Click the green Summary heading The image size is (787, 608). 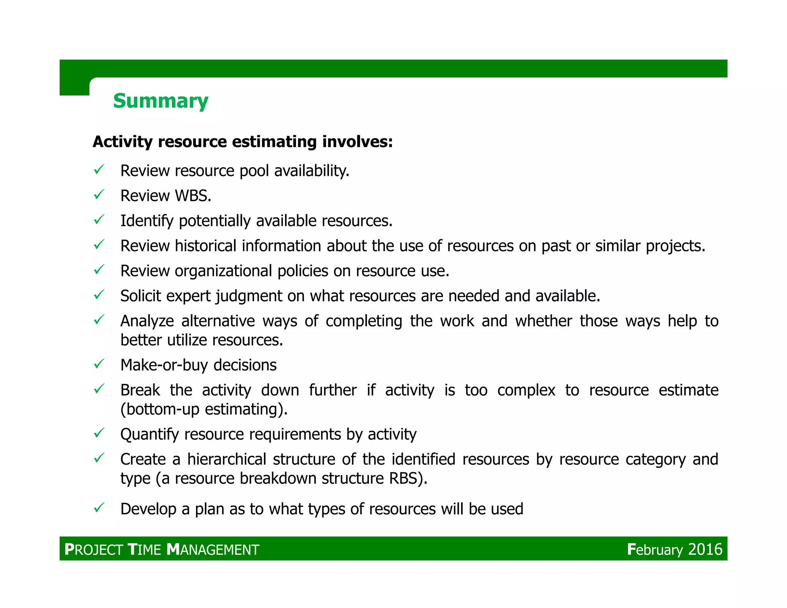click(161, 101)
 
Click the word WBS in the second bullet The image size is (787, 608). click(193, 196)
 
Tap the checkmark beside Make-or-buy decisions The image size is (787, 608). click(99, 363)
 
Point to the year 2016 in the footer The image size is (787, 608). click(705, 549)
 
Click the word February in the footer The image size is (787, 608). click(655, 549)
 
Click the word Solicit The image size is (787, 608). click(140, 296)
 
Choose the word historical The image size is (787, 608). click(206, 246)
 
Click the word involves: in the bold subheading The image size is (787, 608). click(357, 142)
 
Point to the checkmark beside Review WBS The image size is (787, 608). click(99, 194)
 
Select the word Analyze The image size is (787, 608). click(147, 321)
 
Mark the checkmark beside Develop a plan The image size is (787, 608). click(99, 507)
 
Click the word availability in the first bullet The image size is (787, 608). click(311, 171)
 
